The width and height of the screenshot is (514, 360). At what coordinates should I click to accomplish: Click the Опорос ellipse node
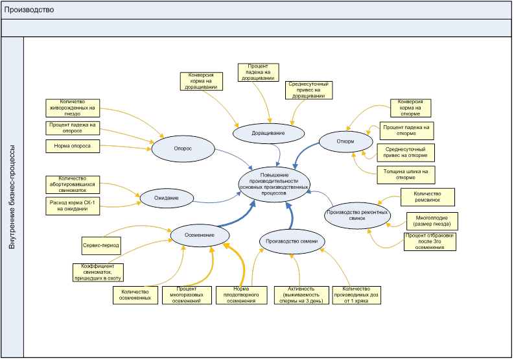(182, 148)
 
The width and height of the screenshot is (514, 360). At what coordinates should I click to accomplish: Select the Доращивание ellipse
(268, 132)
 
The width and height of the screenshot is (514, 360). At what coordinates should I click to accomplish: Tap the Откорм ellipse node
(345, 141)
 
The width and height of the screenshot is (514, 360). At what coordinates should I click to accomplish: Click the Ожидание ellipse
(166, 197)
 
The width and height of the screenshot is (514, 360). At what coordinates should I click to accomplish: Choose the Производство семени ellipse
(291, 241)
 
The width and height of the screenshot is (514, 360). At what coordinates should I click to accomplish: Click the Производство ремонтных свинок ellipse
(357, 215)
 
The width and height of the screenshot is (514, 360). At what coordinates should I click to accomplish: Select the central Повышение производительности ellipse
(274, 184)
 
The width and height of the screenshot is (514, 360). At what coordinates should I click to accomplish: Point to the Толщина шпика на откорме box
(405, 174)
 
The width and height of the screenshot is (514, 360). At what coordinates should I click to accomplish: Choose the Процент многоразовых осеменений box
(185, 294)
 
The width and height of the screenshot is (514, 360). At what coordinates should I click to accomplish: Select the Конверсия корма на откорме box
(410, 107)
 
